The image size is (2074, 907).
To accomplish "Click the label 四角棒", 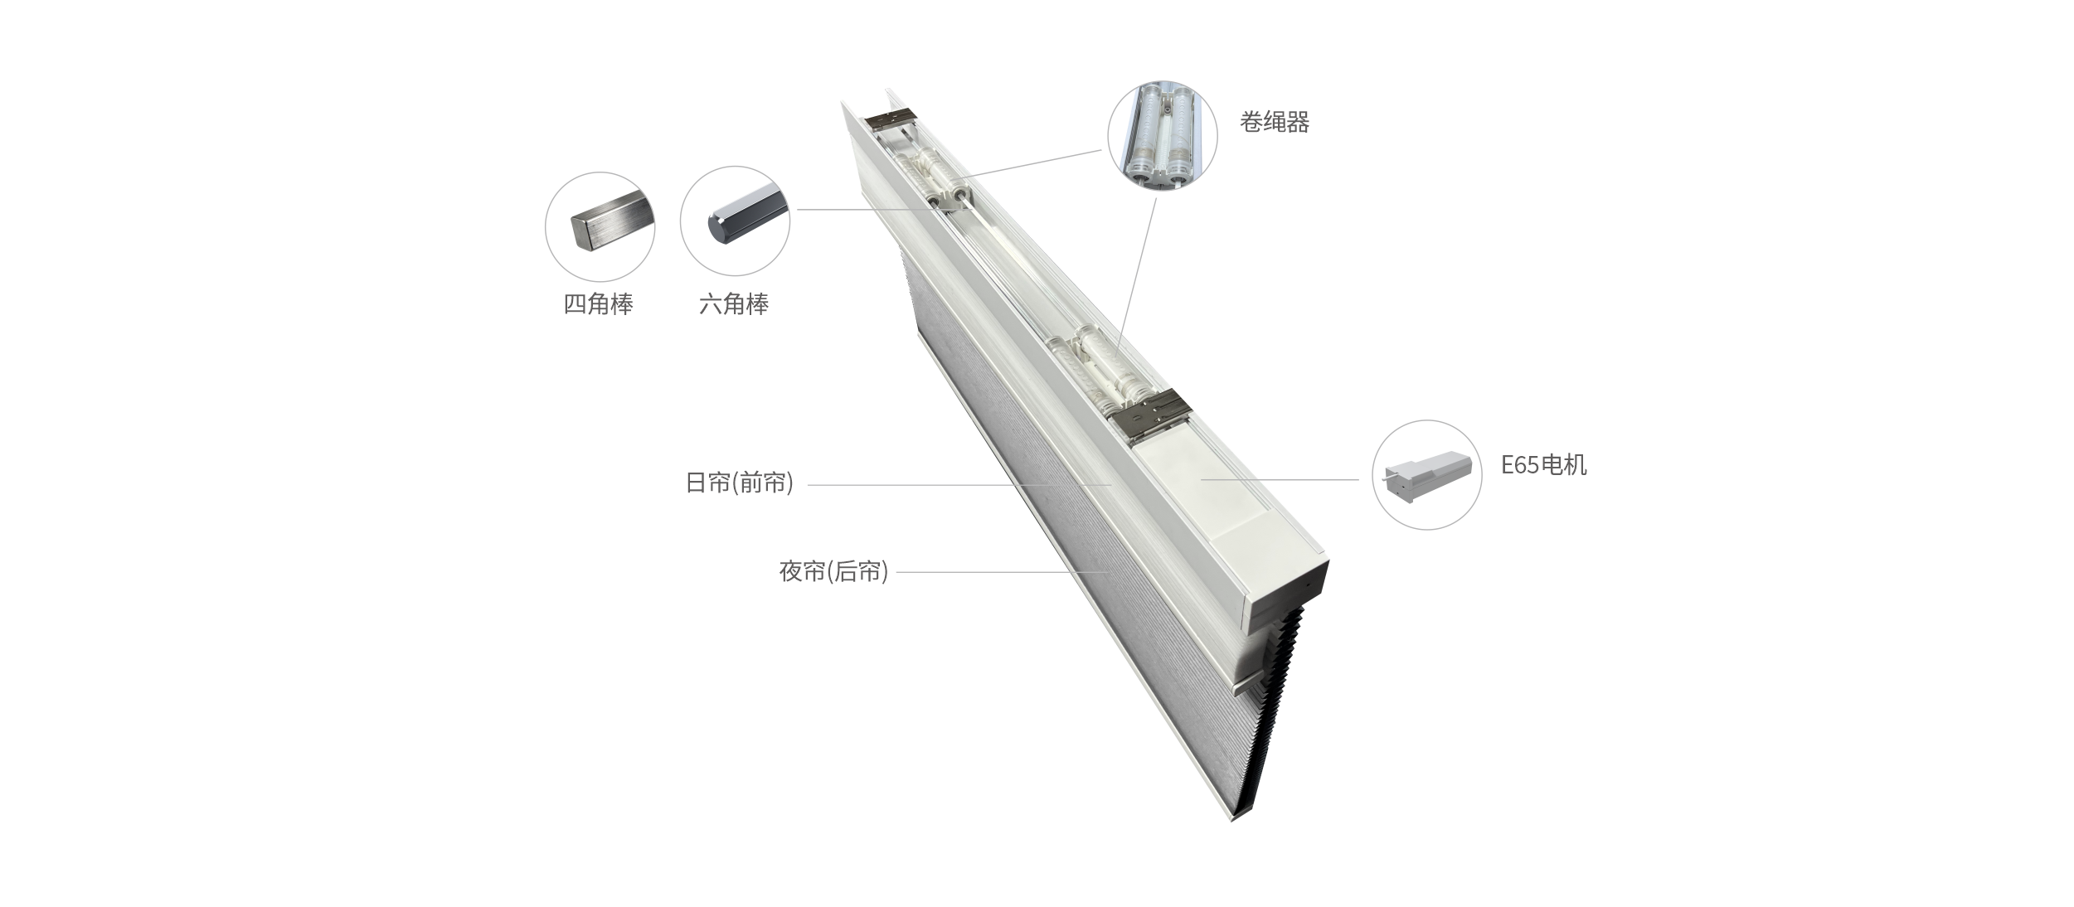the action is pos(598,304).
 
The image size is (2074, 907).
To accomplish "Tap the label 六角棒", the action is pos(734,304).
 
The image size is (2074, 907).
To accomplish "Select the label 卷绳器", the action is pos(1275,123).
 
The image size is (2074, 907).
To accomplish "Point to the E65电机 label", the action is pos(1544,464).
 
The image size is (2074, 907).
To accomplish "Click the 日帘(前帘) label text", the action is pos(740,483).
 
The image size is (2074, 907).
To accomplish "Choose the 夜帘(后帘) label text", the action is pos(833,571).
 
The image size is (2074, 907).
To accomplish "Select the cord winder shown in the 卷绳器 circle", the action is pos(1163,134).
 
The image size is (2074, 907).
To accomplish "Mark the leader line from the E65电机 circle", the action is pos(1280,479).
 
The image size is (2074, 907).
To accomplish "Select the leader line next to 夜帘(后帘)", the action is pos(1002,572).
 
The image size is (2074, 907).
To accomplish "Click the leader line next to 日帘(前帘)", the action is pos(959,485).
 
